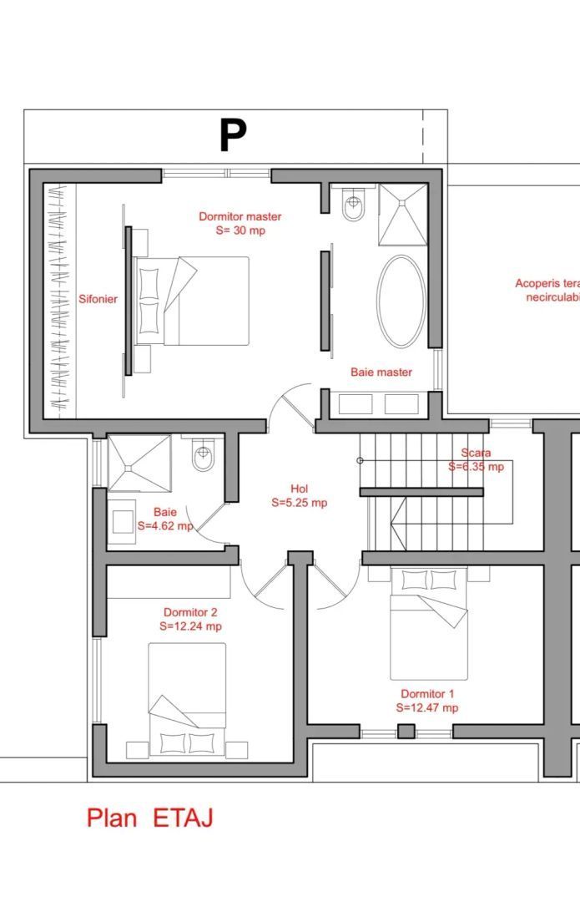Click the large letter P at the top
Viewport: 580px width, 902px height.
pyautogui.click(x=233, y=136)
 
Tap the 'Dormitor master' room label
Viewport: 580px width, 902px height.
pyautogui.click(x=240, y=216)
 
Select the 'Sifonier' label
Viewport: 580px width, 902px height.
pyautogui.click(x=98, y=299)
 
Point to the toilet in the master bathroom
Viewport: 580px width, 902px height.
pyautogui.click(x=353, y=206)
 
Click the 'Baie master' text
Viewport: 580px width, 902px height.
pyautogui.click(x=381, y=372)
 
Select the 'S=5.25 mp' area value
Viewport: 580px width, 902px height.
pyautogui.click(x=299, y=503)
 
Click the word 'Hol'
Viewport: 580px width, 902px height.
pyautogui.click(x=299, y=489)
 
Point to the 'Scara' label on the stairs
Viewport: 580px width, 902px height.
pyautogui.click(x=476, y=454)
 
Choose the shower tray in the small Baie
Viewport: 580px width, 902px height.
pyautogui.click(x=139, y=464)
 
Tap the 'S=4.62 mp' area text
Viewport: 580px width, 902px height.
pyautogui.click(x=165, y=526)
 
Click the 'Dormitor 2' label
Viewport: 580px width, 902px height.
pyautogui.click(x=190, y=612)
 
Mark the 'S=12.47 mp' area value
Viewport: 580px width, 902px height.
pyautogui.click(x=427, y=707)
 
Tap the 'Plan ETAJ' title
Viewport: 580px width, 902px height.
pyautogui.click(x=149, y=818)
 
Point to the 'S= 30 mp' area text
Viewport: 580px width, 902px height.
pyautogui.click(x=240, y=230)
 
